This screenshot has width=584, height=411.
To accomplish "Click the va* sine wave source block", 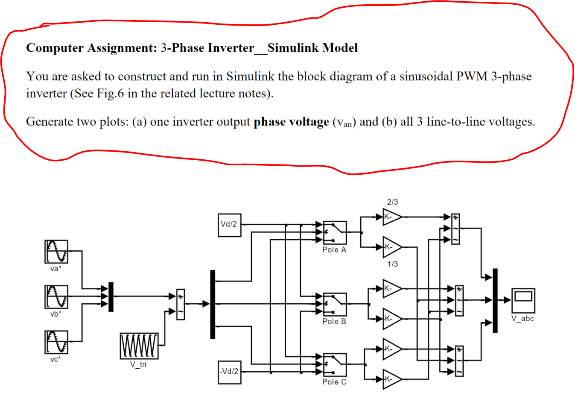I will click(56, 252).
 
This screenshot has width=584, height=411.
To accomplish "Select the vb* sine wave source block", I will click(56, 297).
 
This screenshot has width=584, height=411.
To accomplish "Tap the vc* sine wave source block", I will click(56, 342).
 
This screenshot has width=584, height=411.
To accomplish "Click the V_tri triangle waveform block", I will click(139, 346).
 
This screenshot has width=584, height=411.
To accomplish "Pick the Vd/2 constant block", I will click(229, 225).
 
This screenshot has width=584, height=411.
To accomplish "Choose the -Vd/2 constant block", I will click(229, 372).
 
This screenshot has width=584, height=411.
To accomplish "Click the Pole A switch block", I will click(335, 233).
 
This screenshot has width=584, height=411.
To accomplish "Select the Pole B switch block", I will click(335, 305).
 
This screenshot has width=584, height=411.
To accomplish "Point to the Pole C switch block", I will click(335, 365).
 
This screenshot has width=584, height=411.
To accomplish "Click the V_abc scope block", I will click(523, 301).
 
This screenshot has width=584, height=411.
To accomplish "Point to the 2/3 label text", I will click(392, 202).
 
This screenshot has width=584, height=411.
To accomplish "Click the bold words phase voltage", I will click(291, 122).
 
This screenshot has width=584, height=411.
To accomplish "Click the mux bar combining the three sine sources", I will click(111, 297).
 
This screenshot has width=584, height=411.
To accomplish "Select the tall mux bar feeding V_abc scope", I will click(495, 300).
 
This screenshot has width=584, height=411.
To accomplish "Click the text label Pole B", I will click(334, 322).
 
